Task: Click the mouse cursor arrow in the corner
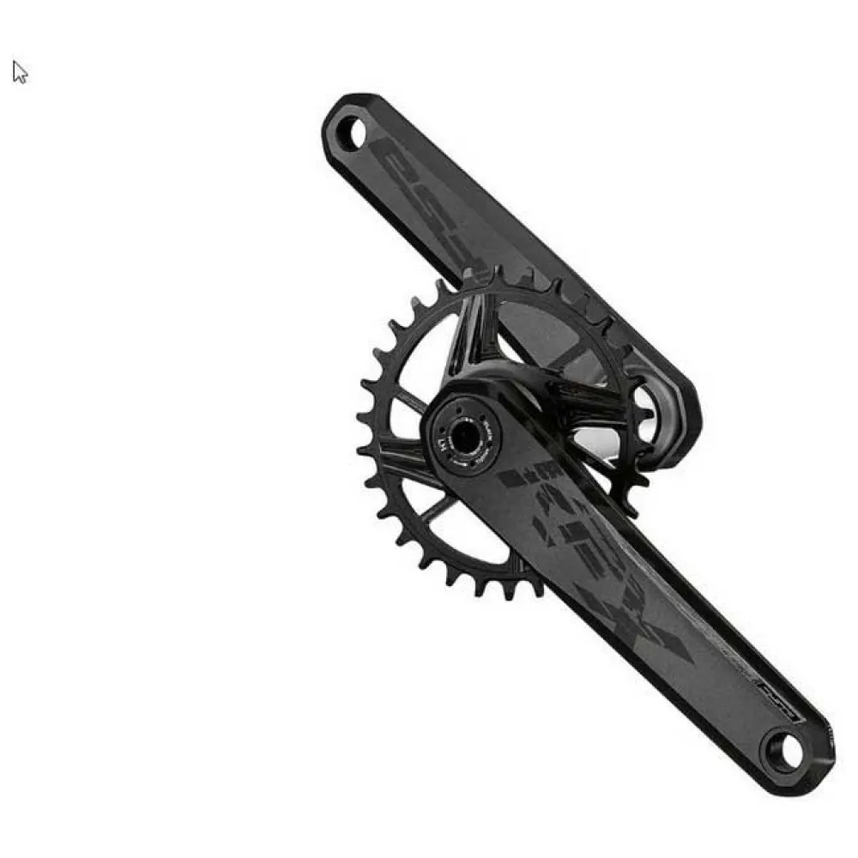(20, 72)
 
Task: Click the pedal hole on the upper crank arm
(350, 132)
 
